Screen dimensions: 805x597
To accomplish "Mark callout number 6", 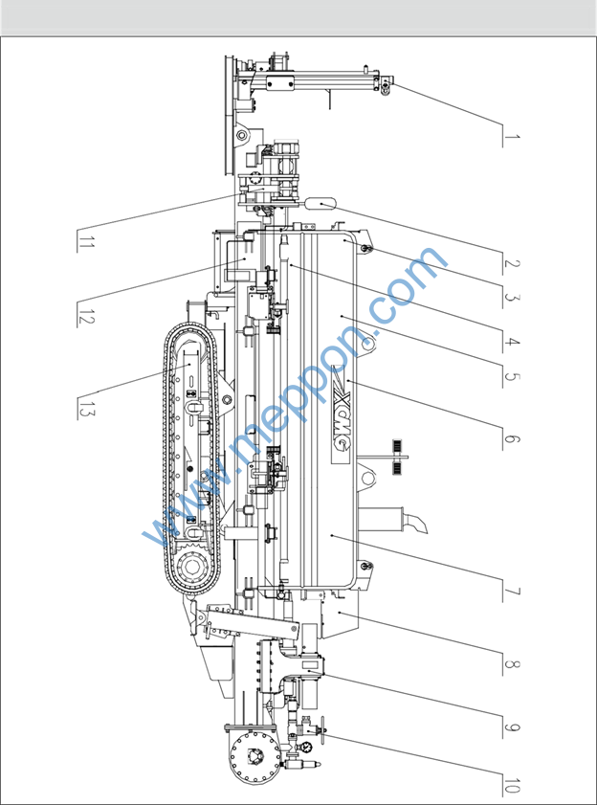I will tap(512, 439).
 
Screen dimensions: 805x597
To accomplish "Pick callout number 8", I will tap(512, 662).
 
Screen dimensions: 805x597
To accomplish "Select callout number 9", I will tap(512, 725).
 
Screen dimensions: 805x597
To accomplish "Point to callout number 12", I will tap(86, 314).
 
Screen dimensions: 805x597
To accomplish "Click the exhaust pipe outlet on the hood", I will tap(419, 525).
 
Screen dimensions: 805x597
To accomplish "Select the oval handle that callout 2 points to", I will tap(320, 202).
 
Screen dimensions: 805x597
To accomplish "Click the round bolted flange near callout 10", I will tap(253, 756).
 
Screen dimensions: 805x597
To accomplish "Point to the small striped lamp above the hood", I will tap(394, 449).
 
